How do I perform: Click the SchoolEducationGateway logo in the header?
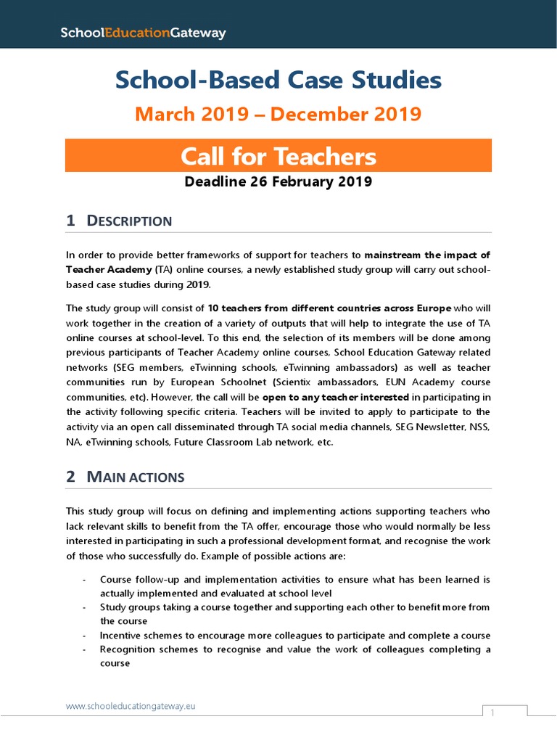[143, 33]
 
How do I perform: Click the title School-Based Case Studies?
[278, 81]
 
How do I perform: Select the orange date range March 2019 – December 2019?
[278, 115]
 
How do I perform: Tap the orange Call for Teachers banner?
[278, 156]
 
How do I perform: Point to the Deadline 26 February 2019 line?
[278, 181]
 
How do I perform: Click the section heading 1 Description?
[119, 221]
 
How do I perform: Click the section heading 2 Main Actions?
[125, 477]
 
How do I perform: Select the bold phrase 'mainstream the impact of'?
[427, 255]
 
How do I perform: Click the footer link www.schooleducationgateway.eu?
[131, 705]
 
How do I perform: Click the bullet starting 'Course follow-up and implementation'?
[294, 586]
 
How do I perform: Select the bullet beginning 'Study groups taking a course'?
[294, 613]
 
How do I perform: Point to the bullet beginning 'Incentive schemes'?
[294, 635]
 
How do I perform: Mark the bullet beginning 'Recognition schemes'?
[294, 655]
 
